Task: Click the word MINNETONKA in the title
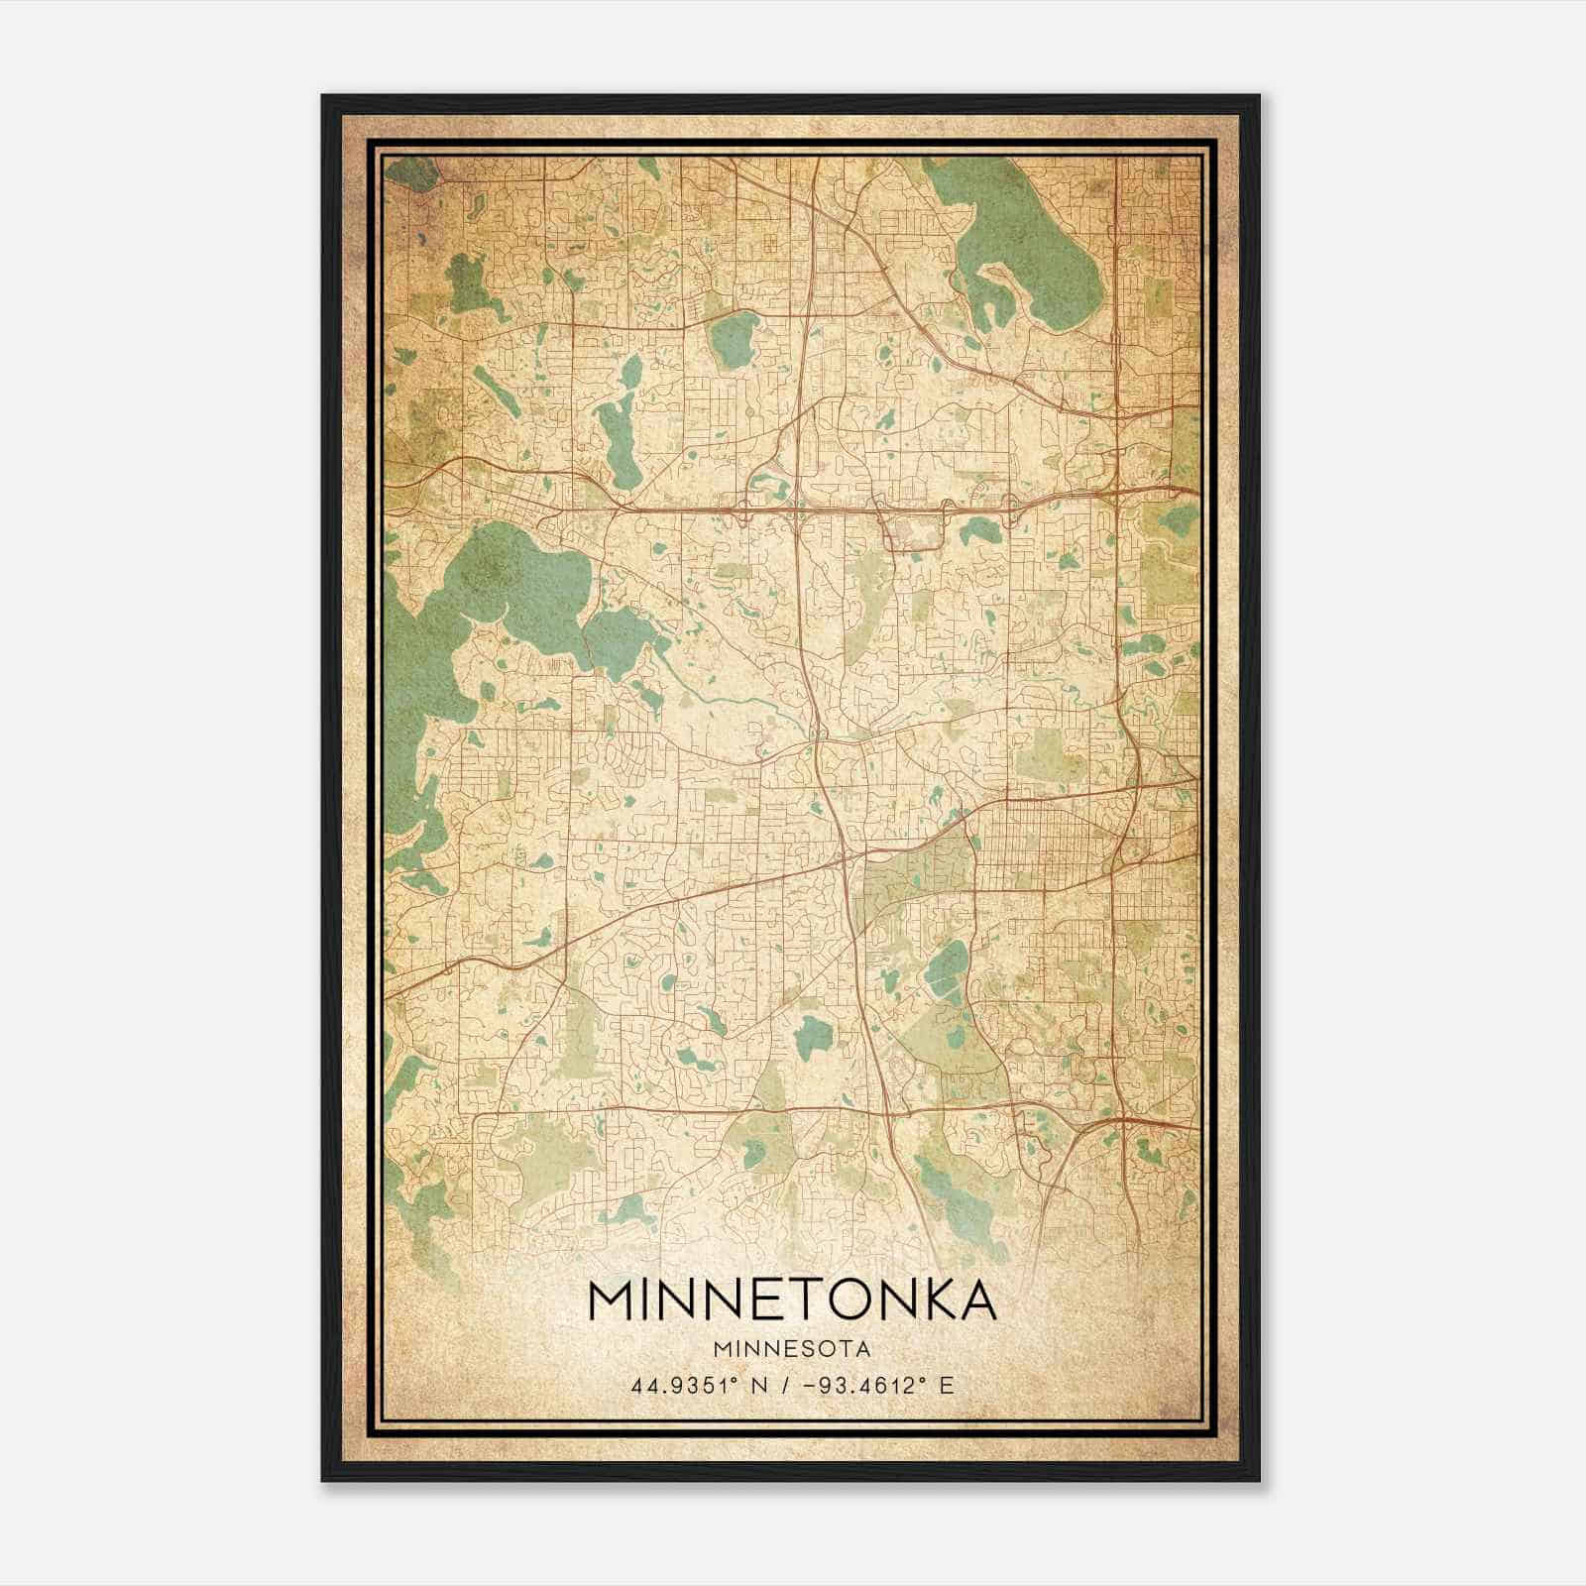(792, 1300)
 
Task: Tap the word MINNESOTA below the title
(792, 1349)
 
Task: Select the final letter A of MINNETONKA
(975, 1300)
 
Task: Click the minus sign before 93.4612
(801, 1385)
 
